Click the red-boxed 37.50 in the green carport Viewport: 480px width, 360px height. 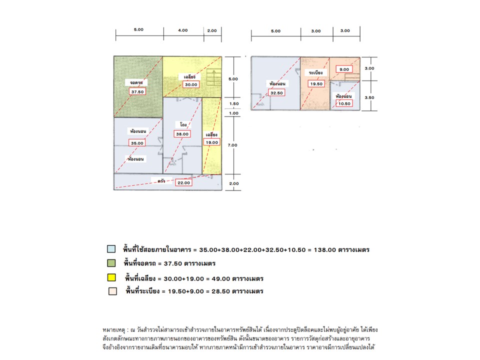(136, 92)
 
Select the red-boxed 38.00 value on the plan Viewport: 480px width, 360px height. (182, 134)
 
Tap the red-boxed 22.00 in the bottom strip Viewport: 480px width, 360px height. (183, 182)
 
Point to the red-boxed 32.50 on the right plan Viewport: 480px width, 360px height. (276, 92)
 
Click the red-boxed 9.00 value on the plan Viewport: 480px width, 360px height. (344, 69)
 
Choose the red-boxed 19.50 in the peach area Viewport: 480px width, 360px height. (316, 84)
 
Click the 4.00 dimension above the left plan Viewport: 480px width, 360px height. (183, 30)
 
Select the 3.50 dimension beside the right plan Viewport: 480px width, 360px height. (369, 98)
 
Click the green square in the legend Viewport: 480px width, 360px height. (111, 263)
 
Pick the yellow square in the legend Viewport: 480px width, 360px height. (111, 278)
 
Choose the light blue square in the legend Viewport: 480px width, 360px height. (111, 248)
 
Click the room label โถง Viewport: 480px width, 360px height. (183, 123)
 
